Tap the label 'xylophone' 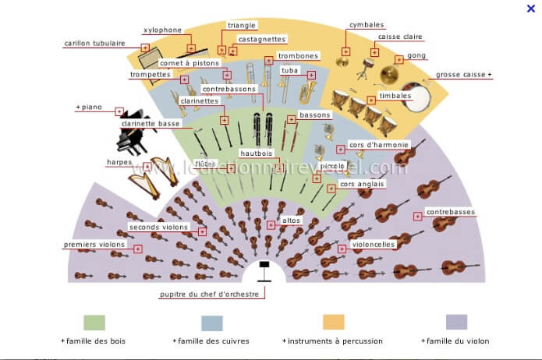(162, 30)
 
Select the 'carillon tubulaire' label (94, 44)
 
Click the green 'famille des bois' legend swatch (94, 322)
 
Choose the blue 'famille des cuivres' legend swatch (212, 322)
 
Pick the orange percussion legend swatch (334, 322)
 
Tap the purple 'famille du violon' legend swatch (456, 322)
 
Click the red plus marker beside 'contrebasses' (418, 216)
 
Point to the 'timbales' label (395, 95)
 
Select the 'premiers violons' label (94, 245)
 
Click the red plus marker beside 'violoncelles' (342, 249)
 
